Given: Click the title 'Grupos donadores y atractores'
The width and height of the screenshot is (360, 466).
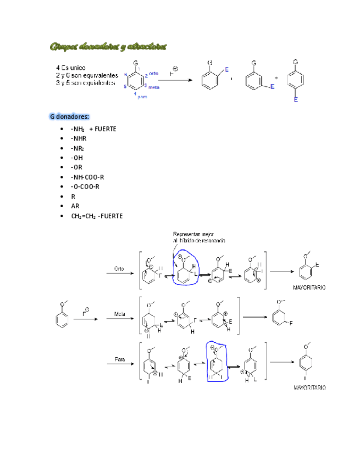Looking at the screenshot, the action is (x=108, y=46).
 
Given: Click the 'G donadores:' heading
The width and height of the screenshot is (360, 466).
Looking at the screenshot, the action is (x=70, y=116).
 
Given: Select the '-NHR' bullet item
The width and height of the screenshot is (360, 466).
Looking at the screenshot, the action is (x=79, y=138).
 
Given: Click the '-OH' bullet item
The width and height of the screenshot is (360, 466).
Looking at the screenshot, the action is (x=77, y=158).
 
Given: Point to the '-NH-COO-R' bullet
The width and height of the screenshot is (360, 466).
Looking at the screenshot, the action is (x=87, y=177).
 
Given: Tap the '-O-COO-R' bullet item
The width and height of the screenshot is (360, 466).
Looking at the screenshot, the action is (x=85, y=187).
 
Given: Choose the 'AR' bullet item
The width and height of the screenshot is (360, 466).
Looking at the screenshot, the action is (x=75, y=206).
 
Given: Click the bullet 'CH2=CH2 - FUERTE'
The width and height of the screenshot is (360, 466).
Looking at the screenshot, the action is (x=97, y=216).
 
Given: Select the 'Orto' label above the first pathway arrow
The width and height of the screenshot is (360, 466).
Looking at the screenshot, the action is (x=119, y=269).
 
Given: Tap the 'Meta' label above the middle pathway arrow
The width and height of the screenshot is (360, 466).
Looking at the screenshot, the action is (x=119, y=314).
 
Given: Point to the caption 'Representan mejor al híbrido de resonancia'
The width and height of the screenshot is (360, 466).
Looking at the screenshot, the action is (x=199, y=236).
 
